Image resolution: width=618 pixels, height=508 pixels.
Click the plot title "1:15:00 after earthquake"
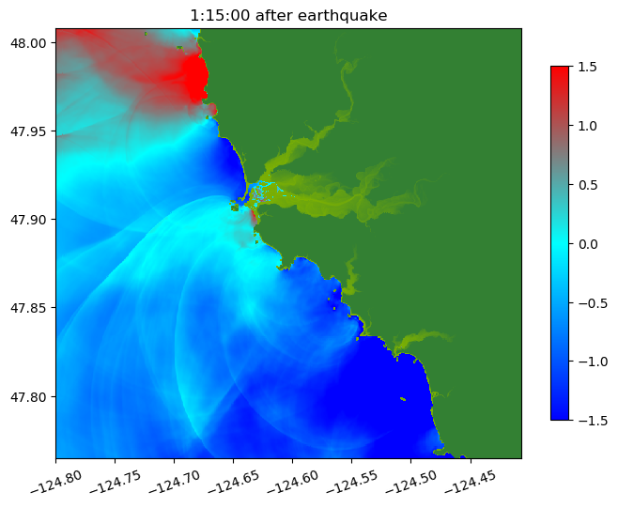[288, 15]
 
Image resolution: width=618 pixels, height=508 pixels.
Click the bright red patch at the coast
[194, 78]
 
